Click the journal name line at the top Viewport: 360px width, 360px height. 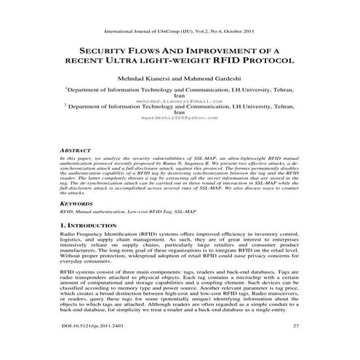[x=180, y=32]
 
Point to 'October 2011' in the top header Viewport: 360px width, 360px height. [x=236, y=32]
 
